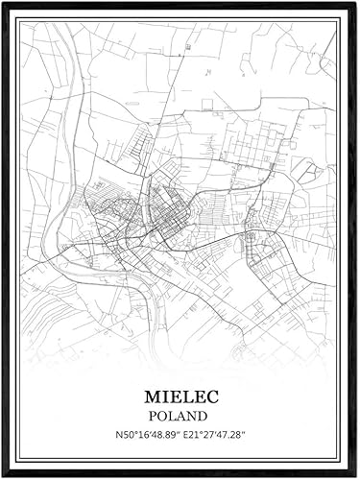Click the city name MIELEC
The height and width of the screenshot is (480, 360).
(x=180, y=396)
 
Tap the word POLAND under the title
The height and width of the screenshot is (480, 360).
(x=180, y=417)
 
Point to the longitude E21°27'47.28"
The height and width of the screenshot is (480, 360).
(x=213, y=437)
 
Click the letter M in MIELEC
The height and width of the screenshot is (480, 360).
(x=150, y=396)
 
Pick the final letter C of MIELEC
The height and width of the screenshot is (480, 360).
(x=210, y=396)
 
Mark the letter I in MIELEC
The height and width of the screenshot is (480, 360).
(x=163, y=396)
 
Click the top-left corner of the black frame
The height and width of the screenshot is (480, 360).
(x=3, y=3)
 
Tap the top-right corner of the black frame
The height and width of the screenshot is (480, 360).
(x=356, y=3)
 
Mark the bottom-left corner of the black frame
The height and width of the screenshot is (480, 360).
(x=3, y=476)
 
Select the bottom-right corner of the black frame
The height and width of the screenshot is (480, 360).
(x=356, y=476)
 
